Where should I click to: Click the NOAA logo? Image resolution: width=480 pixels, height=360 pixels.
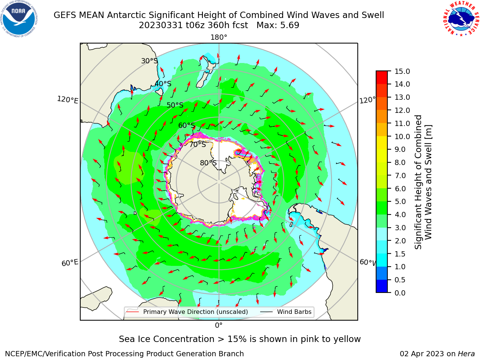[19, 19]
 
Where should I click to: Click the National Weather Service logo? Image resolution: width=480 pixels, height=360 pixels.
[461, 18]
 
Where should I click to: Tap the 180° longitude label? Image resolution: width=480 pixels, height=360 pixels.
[219, 37]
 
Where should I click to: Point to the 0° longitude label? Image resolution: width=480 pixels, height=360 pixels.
[219, 325]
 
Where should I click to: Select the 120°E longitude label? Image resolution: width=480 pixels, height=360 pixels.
[67, 100]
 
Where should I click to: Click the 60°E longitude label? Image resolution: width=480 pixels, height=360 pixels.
[70, 262]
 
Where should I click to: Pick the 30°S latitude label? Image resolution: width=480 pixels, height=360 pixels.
[149, 61]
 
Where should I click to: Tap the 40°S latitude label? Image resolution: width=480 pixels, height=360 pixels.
[163, 84]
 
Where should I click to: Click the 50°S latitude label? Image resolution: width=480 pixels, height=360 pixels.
[175, 105]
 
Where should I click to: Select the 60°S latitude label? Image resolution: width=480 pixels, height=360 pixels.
[186, 125]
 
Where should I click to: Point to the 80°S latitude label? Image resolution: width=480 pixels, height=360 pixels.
[208, 163]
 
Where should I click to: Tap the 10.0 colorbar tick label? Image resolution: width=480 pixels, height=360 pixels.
[402, 136]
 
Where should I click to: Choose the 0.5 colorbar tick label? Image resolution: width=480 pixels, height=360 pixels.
[400, 280]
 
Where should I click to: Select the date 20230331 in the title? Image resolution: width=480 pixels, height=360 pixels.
[161, 25]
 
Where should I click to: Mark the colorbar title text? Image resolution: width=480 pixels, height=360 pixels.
[423, 182]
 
